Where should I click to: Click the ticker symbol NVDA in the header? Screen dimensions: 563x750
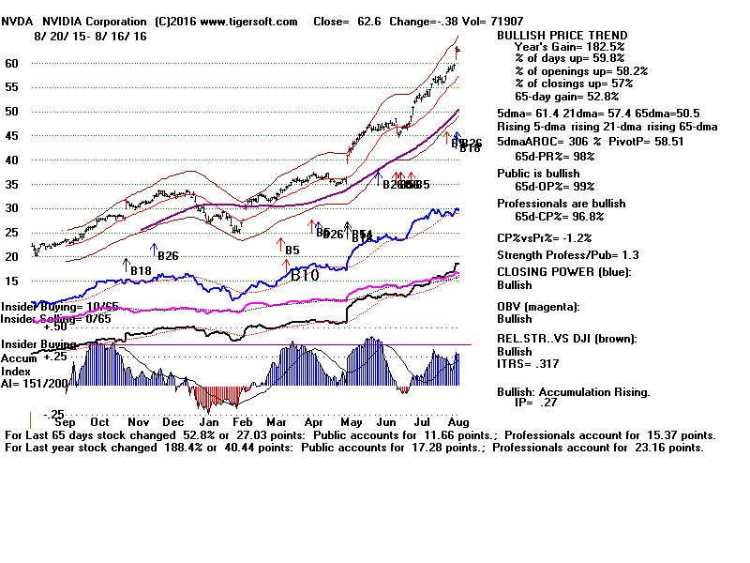click(x=17, y=21)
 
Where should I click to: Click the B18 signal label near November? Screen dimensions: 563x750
click(x=141, y=271)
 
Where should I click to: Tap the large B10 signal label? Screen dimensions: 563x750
click(x=305, y=276)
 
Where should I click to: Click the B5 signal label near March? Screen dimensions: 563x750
click(x=292, y=251)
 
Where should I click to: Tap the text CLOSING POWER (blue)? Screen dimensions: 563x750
click(x=563, y=272)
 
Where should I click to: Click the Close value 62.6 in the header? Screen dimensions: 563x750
click(x=380, y=21)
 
